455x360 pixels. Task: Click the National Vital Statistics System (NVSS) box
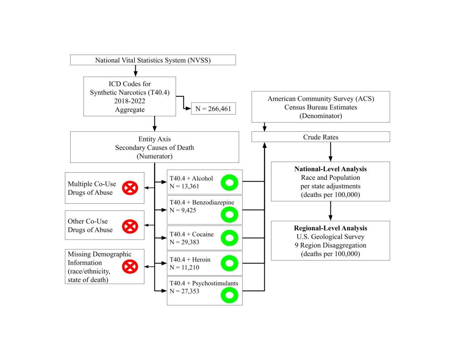[153, 60]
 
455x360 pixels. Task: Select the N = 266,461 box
[213, 109]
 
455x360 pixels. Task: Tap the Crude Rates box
[320, 137]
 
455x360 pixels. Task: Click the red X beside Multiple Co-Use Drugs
[130, 188]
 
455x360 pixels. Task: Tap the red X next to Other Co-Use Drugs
[130, 226]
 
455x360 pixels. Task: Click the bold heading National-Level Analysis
[330, 170]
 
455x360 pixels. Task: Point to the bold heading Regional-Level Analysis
[330, 228]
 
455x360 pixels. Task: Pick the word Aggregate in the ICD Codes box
[129, 109]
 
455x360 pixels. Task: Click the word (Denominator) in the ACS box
[320, 116]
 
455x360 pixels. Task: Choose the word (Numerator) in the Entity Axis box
[154, 156]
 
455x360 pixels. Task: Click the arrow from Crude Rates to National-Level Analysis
[331, 152]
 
